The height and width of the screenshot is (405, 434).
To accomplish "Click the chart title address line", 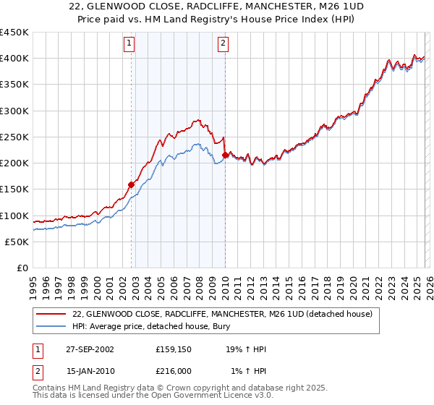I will pos(217,7).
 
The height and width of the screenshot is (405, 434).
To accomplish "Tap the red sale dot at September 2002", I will pos(132,184).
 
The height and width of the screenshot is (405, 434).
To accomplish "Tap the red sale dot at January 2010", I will pos(225,155).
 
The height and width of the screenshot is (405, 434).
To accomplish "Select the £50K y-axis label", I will pos(17,242).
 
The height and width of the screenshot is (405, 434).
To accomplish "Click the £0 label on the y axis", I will pos(22,268).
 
